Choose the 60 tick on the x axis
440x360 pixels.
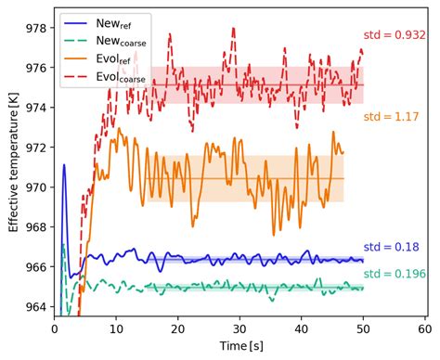(x=424, y=328)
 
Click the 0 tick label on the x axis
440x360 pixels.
(x=55, y=328)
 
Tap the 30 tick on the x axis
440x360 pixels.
(x=239, y=328)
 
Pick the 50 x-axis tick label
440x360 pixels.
(x=363, y=328)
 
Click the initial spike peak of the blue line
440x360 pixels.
(x=64, y=165)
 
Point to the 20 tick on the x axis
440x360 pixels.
(x=178, y=328)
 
